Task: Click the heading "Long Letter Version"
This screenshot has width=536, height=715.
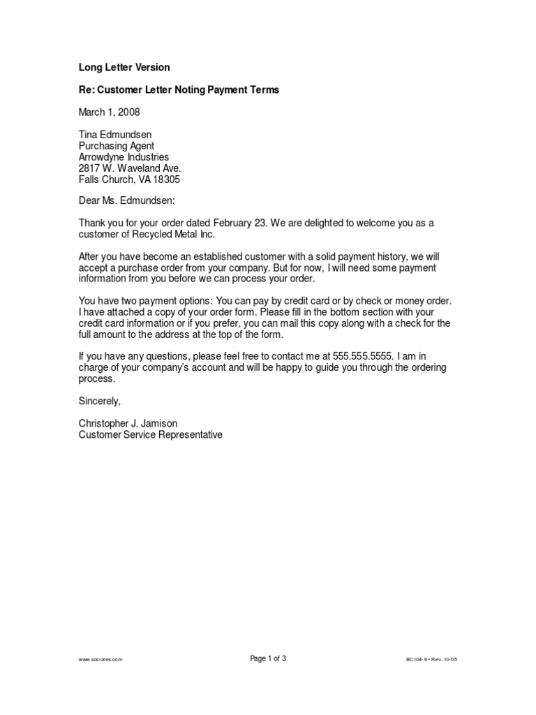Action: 124,68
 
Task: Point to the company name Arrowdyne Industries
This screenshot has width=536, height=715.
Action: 124,157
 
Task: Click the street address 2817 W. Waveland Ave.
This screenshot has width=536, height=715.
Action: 130,168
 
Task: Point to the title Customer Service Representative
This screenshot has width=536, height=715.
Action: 150,435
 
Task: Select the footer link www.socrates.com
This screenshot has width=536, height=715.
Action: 100,659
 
